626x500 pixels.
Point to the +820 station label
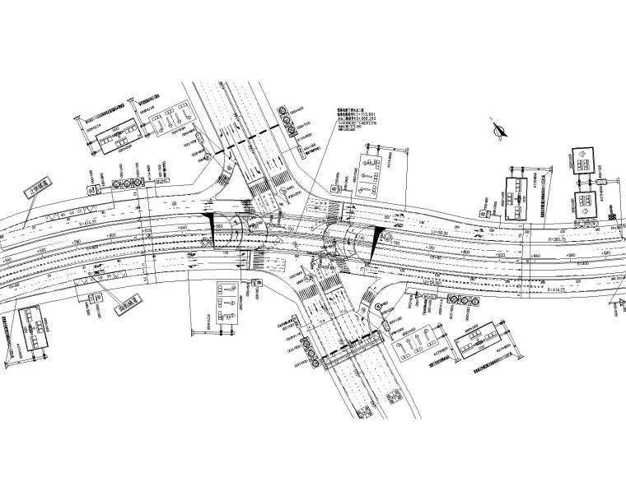coord(502,255)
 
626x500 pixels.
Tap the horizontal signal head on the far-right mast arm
coord(609,180)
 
